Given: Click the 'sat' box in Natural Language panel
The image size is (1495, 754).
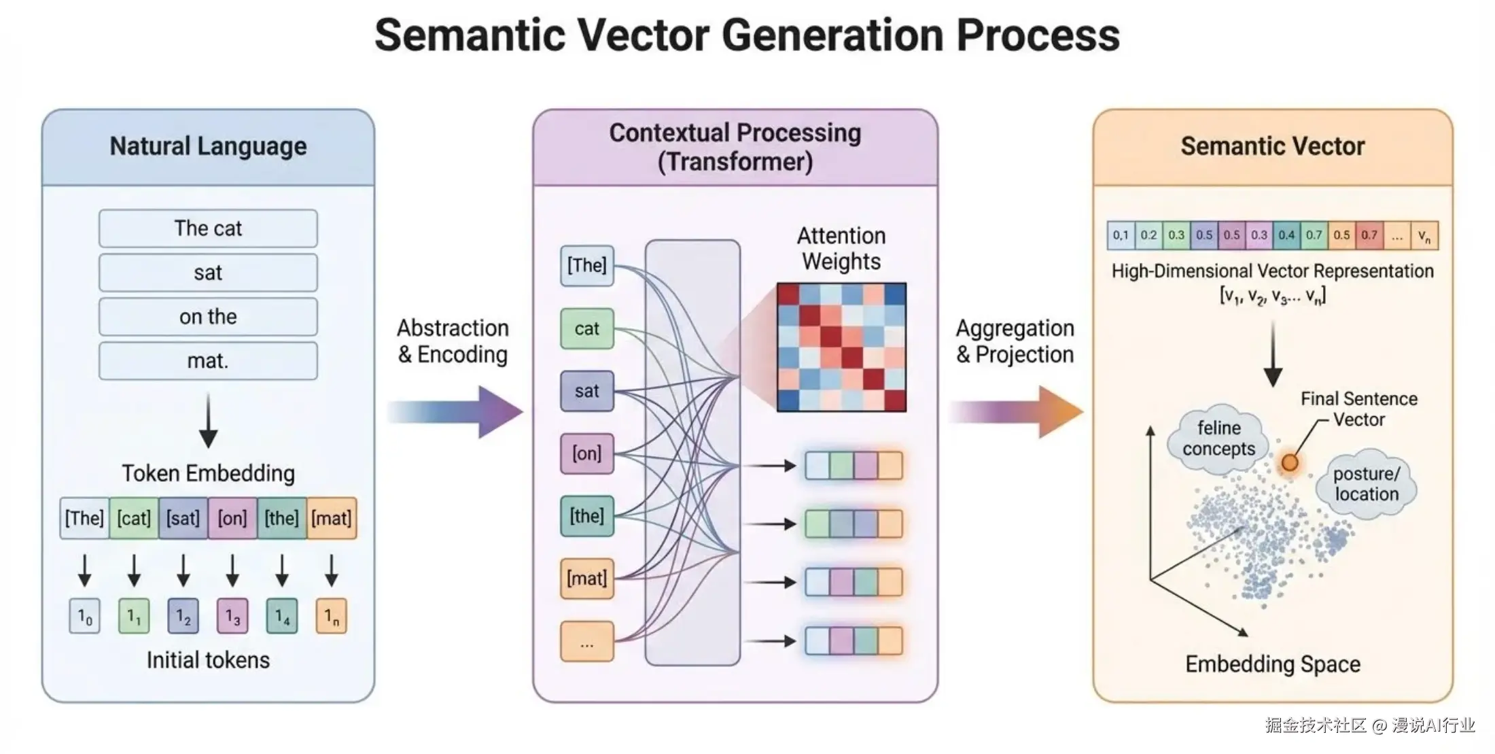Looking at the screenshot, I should [208, 273].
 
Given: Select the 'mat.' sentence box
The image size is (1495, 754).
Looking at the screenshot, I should [208, 360].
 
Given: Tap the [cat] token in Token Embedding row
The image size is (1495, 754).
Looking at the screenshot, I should [134, 518].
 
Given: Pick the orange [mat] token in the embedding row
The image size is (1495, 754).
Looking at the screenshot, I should [332, 518].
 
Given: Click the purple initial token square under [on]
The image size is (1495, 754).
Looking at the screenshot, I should [232, 616].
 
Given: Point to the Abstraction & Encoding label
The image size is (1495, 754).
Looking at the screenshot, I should [453, 341].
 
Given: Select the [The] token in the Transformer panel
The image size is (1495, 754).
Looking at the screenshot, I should [587, 265].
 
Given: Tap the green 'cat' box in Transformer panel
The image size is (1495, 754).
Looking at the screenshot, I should [587, 329].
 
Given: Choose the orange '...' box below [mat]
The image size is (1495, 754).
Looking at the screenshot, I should [587, 641].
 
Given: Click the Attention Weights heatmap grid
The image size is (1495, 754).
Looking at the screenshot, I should [841, 347].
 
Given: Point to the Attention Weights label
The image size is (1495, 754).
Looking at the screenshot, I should [841, 248].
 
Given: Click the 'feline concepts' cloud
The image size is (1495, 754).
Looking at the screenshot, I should [1218, 439].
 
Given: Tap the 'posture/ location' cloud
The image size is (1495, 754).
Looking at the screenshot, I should [1367, 484].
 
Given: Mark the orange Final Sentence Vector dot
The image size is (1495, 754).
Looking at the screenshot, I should [1289, 463].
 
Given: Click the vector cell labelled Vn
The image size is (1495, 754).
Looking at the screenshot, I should [1424, 236].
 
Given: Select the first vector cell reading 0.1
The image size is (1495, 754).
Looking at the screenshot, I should [1121, 236].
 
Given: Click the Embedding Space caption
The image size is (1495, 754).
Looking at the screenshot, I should [1273, 664].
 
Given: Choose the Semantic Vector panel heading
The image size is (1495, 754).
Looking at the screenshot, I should [1273, 146].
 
